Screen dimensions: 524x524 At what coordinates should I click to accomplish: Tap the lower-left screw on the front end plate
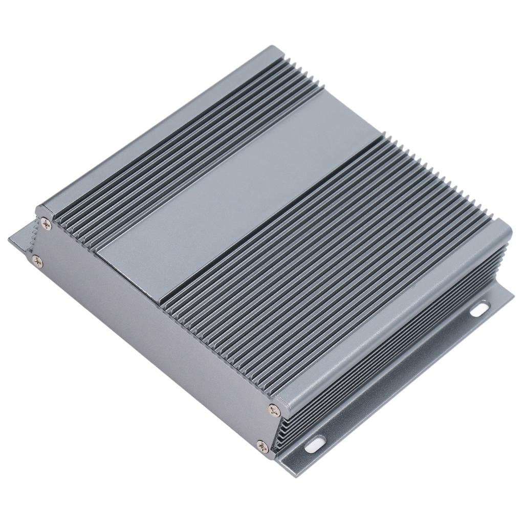coord(37,261)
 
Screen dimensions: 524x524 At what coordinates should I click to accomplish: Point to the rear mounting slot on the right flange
coord(479,309)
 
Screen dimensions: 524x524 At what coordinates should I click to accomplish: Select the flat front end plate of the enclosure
coord(154,327)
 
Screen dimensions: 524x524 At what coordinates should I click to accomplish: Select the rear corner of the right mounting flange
coord(510,294)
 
